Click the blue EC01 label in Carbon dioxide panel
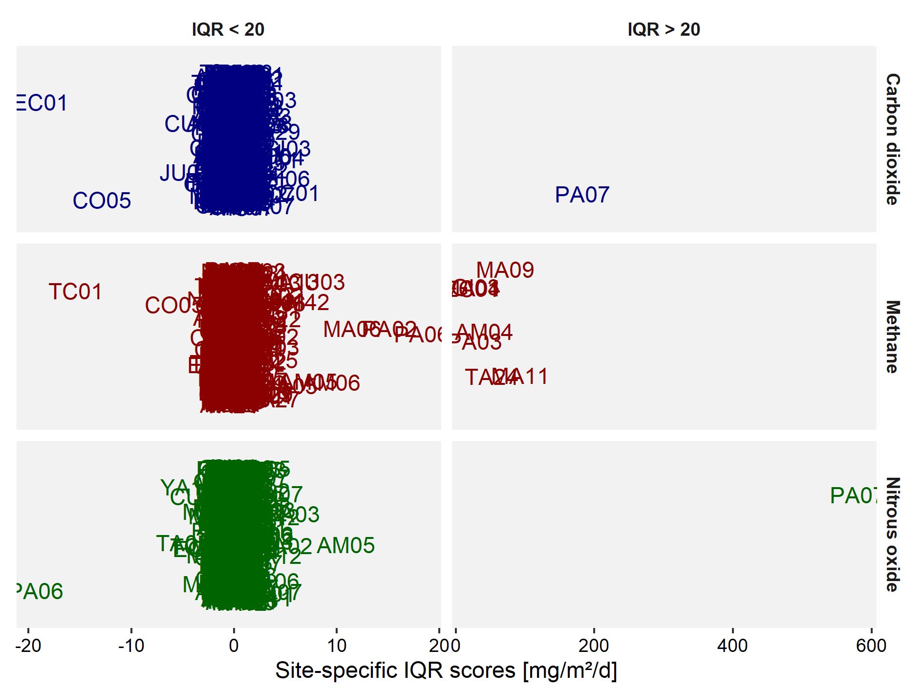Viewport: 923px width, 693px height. pyautogui.click(x=42, y=103)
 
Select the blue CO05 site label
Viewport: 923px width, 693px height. pyautogui.click(x=102, y=201)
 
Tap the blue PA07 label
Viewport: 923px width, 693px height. pyautogui.click(x=582, y=195)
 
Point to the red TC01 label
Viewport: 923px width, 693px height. pyautogui.click(x=76, y=292)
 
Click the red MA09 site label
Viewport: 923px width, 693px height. pyautogui.click(x=505, y=270)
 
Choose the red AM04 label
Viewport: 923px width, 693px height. pyautogui.click(x=485, y=333)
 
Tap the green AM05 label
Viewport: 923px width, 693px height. pyautogui.click(x=346, y=546)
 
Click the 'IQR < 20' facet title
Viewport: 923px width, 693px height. pyautogui.click(x=228, y=30)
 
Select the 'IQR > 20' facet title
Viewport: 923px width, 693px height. pyautogui.click(x=664, y=30)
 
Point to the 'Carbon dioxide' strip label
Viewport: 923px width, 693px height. pyautogui.click(x=892, y=139)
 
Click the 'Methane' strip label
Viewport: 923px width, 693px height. pyautogui.click(x=892, y=337)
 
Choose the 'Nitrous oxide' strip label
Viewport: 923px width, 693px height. pyautogui.click(x=892, y=535)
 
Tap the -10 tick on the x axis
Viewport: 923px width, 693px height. pyautogui.click(x=131, y=646)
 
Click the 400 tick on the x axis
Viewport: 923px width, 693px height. pyautogui.click(x=732, y=646)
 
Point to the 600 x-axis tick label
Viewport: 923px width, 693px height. pyautogui.click(x=871, y=646)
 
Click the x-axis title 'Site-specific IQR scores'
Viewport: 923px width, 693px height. pyautogui.click(x=446, y=671)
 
